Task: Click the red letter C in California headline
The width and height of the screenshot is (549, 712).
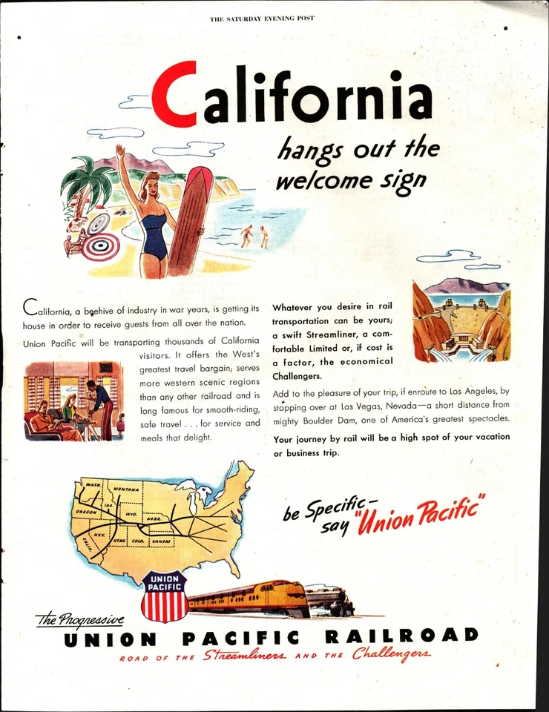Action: [179, 94]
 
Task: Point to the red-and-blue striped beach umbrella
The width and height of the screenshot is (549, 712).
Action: [99, 245]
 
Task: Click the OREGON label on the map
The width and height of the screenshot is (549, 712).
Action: [85, 512]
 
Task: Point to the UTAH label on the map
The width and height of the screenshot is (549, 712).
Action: [119, 541]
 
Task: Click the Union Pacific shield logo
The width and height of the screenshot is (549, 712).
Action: [165, 596]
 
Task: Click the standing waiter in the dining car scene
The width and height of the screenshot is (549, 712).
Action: [102, 406]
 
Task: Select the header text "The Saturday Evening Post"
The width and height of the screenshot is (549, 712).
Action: [263, 18]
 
